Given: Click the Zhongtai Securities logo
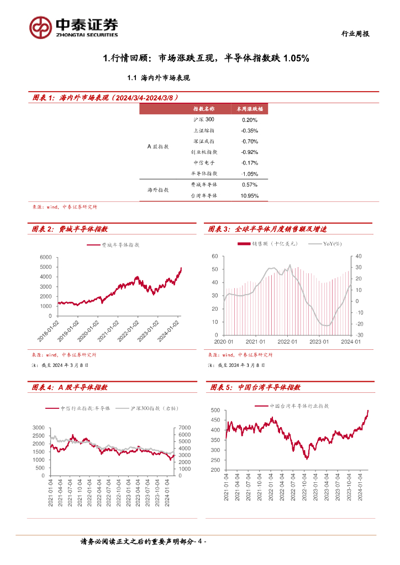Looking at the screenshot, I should [x=74, y=26].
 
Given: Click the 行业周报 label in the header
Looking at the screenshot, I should [x=354, y=34].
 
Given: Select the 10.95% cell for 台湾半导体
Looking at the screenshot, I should [x=250, y=195].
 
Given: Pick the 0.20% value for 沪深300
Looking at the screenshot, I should [x=250, y=120].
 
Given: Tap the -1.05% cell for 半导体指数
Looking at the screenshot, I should [x=250, y=174].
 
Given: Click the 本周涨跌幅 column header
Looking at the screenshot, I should [x=250, y=109].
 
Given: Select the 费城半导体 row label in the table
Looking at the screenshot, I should [x=204, y=185].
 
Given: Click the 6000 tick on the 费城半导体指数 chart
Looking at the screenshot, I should [x=45, y=258].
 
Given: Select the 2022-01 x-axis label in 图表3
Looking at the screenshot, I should [x=287, y=342].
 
